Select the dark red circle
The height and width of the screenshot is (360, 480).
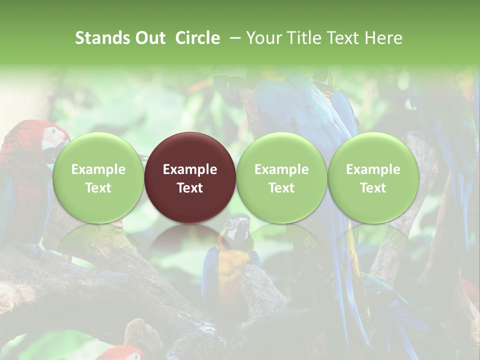point(190,177)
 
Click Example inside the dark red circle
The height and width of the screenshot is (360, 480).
point(190,169)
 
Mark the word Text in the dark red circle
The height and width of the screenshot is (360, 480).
point(190,188)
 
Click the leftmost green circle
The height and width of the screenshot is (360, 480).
point(98,177)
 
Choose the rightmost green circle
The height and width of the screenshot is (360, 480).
point(373,177)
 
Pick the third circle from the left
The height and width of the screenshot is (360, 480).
point(281,177)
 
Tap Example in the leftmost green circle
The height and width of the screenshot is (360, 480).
point(98,169)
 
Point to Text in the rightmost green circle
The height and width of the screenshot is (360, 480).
point(373,188)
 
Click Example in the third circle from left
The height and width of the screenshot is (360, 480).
point(281,169)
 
